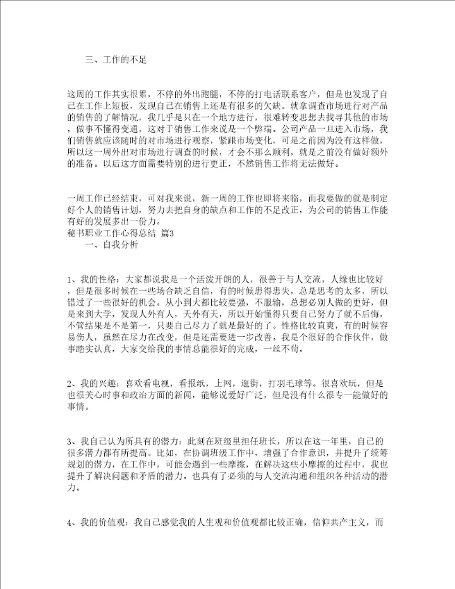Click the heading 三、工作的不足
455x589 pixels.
tap(116, 60)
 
